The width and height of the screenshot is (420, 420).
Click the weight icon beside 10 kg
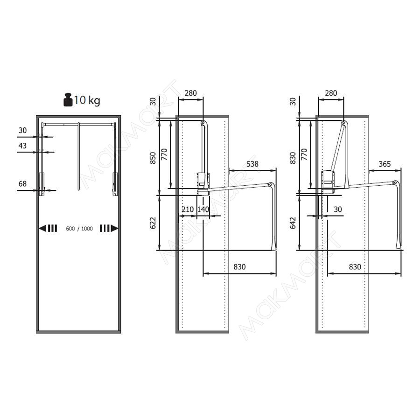click(68, 100)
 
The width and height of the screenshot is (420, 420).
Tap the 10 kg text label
click(87, 100)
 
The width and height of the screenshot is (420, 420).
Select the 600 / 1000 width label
click(79, 229)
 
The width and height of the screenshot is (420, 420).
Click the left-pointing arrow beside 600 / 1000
click(48, 229)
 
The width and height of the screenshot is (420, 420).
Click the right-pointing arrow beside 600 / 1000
click(109, 228)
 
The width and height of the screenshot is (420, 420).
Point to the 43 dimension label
click(22, 146)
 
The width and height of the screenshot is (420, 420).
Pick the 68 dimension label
click(22, 184)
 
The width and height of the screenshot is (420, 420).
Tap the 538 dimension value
click(252, 164)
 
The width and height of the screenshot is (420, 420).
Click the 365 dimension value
click(385, 164)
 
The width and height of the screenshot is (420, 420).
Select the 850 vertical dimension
click(153, 158)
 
